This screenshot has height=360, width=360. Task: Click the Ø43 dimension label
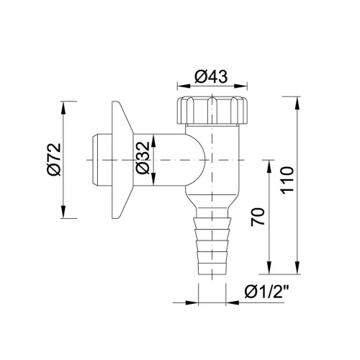click(x=211, y=77)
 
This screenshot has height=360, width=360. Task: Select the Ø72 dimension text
click(x=54, y=159)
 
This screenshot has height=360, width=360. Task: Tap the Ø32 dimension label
click(x=143, y=158)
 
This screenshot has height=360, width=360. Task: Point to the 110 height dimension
click(x=287, y=180)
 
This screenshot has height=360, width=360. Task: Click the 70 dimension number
click(x=258, y=217)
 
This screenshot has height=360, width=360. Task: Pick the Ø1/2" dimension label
click(x=266, y=292)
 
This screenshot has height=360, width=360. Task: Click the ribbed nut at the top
click(x=212, y=110)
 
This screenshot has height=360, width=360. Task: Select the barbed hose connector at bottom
click(x=212, y=246)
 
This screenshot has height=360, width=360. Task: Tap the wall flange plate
click(x=122, y=160)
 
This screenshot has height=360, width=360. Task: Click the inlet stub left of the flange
click(x=102, y=160)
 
